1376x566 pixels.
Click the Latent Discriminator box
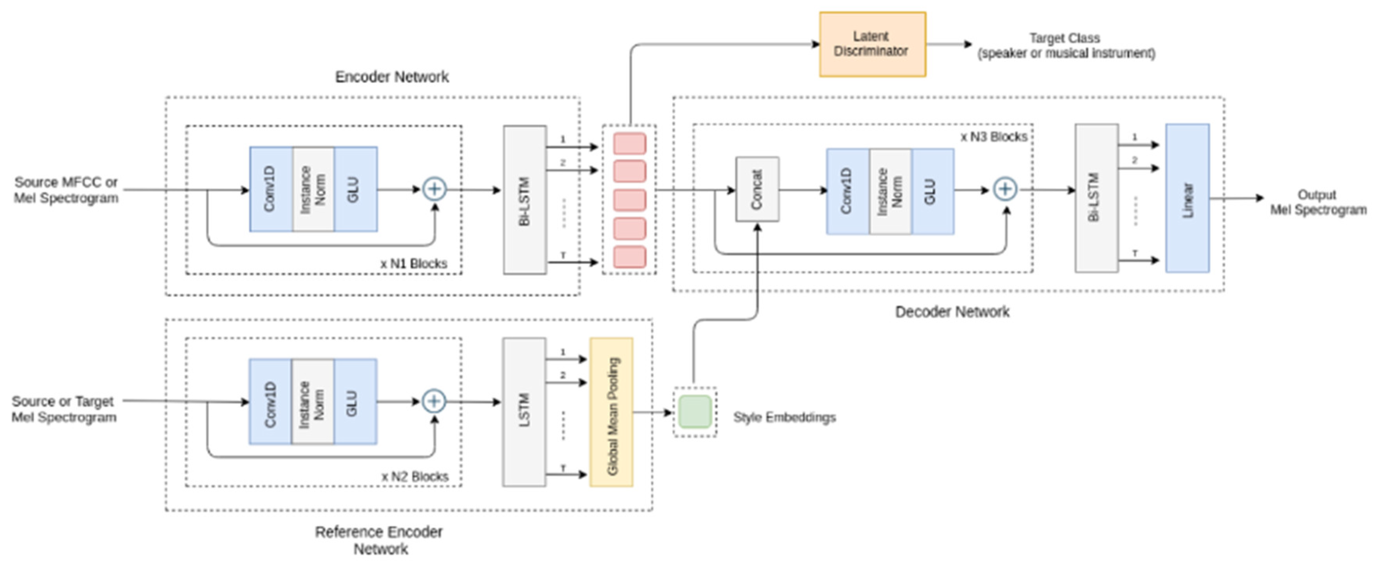tap(872, 44)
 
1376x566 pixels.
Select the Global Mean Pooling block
tap(611, 412)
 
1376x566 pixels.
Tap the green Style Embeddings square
tap(694, 412)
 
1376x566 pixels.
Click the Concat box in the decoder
tap(757, 189)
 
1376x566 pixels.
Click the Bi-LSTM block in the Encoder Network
tap(525, 200)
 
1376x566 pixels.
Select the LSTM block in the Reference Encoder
tap(524, 412)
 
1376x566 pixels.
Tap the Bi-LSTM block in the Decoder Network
tap(1096, 198)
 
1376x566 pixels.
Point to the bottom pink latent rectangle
tap(629, 257)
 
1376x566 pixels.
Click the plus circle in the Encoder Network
tap(434, 189)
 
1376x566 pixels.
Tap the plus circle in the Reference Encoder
tap(434, 401)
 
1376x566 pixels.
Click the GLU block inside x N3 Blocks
tap(932, 191)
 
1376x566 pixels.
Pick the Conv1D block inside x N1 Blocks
tap(271, 189)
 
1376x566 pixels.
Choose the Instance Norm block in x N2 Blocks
tap(313, 401)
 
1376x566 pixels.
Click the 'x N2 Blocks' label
tap(415, 476)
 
